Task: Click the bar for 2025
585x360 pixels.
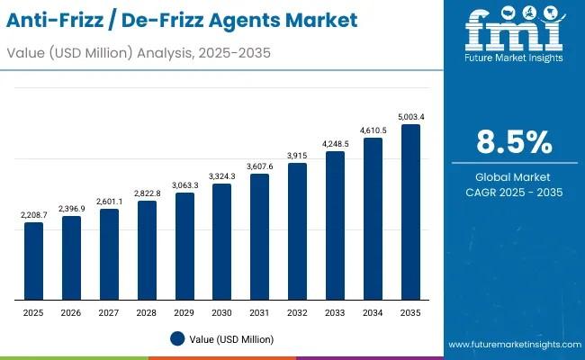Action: [33, 261]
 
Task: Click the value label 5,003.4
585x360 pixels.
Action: [410, 116]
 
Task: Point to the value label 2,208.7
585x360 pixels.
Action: [33, 215]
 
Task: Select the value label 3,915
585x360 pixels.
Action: [297, 156]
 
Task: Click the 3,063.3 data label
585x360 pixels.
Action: [184, 185]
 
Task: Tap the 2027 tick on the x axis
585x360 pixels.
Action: [109, 312]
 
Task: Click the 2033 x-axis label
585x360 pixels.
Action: [335, 312]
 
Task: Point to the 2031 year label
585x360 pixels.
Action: [259, 312]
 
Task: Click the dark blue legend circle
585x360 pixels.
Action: [177, 338]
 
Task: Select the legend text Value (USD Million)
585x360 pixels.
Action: [231, 339]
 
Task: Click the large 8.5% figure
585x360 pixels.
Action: [514, 142]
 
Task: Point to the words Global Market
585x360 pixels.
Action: [514, 177]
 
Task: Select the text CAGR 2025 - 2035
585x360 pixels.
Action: [514, 193]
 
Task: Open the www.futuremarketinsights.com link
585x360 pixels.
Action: [512, 345]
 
